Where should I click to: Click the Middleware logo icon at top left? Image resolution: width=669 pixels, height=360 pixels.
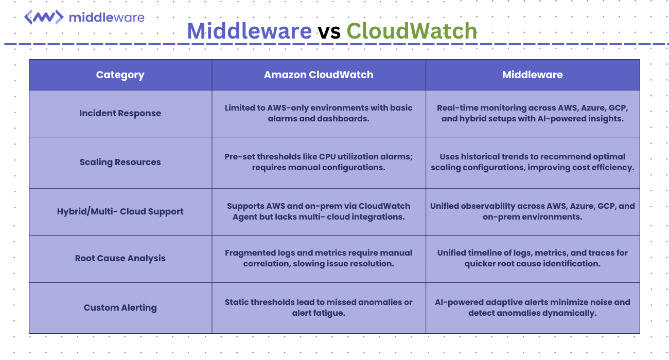tap(44, 17)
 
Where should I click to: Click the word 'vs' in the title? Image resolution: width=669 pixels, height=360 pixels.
tap(329, 31)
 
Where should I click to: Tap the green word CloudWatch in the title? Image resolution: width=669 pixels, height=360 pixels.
tap(412, 31)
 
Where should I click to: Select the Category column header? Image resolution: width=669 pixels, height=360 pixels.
tap(120, 75)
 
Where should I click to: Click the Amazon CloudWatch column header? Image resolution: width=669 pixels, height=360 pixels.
tap(319, 75)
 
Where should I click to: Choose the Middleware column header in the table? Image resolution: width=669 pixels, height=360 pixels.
tap(532, 75)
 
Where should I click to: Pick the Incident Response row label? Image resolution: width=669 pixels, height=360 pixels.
tap(120, 114)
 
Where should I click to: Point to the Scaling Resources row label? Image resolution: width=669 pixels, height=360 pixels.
tap(120, 163)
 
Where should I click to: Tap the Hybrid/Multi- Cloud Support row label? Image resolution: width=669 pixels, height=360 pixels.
tap(120, 212)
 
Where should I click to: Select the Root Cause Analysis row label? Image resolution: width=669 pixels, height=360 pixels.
tap(120, 259)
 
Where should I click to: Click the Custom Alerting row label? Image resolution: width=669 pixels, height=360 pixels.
tap(120, 308)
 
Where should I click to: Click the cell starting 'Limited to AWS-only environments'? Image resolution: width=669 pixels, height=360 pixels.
tap(319, 113)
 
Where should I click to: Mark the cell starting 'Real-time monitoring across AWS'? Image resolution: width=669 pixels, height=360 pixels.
tap(532, 113)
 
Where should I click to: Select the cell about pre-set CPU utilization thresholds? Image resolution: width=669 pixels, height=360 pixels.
tap(319, 162)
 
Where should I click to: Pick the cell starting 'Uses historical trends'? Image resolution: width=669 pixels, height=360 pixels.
tap(532, 162)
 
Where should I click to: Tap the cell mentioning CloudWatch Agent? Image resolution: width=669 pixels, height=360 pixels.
tap(319, 211)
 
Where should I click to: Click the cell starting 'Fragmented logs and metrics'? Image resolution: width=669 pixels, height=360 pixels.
tap(319, 258)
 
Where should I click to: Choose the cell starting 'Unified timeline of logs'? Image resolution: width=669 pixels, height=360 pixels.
tap(532, 258)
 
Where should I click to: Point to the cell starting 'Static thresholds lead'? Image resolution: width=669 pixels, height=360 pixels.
tap(319, 308)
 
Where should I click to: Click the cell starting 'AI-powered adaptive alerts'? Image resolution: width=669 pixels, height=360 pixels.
tap(532, 308)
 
